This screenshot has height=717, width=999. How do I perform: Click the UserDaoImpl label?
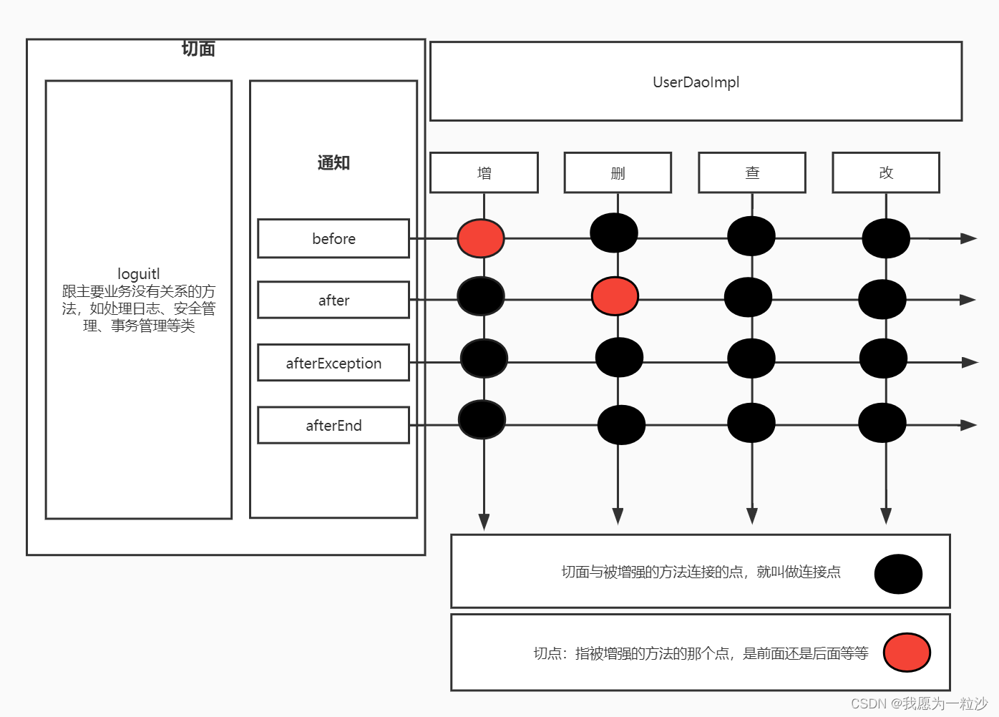[696, 82]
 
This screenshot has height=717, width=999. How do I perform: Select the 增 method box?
[484, 172]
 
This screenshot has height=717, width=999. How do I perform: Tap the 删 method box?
[618, 172]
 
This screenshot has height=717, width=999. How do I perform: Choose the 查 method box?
[752, 172]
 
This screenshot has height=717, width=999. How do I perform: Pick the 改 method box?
[886, 172]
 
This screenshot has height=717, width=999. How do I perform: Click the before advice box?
[333, 238]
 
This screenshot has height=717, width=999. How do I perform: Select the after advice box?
[333, 300]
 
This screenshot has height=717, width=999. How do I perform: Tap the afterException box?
[333, 363]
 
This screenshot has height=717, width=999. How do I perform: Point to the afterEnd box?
[333, 425]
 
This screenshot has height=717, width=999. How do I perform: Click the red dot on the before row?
[481, 238]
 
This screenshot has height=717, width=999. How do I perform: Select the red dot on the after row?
[615, 296]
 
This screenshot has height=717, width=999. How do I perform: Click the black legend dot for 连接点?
[898, 574]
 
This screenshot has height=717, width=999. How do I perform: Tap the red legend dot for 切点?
[907, 652]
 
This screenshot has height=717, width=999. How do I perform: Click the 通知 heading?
[333, 162]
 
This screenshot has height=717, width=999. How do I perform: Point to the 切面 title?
[198, 49]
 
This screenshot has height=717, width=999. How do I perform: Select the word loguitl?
[139, 274]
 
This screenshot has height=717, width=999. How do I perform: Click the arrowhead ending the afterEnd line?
[969, 425]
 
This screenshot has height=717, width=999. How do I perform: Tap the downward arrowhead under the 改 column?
[886, 516]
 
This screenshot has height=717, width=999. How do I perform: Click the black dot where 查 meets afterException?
[751, 358]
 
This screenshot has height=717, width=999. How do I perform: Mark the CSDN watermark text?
[919, 703]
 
